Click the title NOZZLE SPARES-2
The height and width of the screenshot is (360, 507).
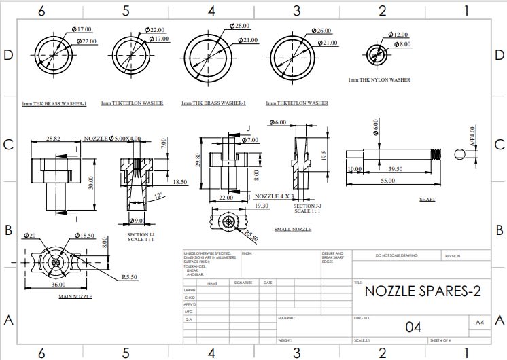pos(422,291)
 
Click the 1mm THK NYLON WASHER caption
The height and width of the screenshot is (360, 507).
pos(379,80)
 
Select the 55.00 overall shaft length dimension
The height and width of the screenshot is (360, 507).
pos(387,181)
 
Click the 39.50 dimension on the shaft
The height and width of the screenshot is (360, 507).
pos(395,169)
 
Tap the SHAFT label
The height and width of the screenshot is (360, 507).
pos(427,200)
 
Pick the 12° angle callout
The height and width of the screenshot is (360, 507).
pos(158,196)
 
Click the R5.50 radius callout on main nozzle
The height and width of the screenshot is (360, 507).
pos(130,277)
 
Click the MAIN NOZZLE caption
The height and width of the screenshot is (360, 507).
pos(75,297)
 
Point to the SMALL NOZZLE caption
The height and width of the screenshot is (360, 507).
pos(292,230)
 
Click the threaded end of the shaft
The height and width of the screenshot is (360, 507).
pos(438,154)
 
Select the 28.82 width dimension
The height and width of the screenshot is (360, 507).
pos(52,139)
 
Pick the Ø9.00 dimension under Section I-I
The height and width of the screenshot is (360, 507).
pos(139,221)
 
